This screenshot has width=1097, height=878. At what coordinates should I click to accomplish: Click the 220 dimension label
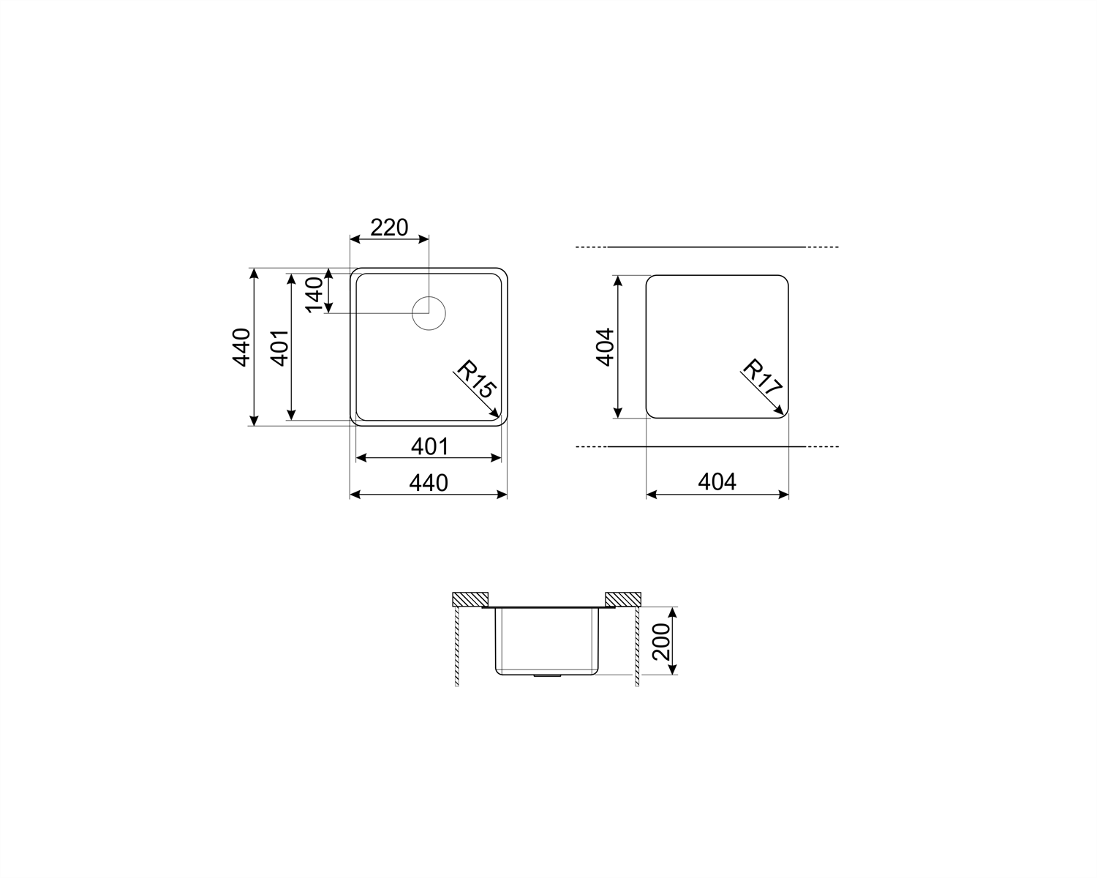click(x=389, y=228)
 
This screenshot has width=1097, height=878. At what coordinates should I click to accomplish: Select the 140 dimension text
click(x=314, y=294)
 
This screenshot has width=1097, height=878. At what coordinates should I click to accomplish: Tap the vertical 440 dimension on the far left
click(x=241, y=347)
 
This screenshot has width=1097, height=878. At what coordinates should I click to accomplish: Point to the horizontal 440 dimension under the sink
click(x=429, y=483)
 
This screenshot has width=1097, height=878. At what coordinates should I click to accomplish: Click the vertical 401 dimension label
click(x=279, y=347)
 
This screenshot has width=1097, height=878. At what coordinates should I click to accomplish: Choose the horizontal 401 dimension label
click(x=429, y=446)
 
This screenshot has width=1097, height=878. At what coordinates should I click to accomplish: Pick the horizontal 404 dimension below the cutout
click(x=717, y=481)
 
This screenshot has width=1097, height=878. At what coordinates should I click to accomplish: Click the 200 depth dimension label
click(x=661, y=642)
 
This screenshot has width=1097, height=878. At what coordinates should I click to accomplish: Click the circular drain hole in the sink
click(x=429, y=313)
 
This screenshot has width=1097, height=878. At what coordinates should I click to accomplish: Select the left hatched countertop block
click(x=471, y=599)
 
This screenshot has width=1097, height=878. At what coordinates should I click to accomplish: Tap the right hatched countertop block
click(x=622, y=599)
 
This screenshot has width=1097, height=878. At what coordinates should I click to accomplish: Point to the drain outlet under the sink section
click(x=546, y=677)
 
